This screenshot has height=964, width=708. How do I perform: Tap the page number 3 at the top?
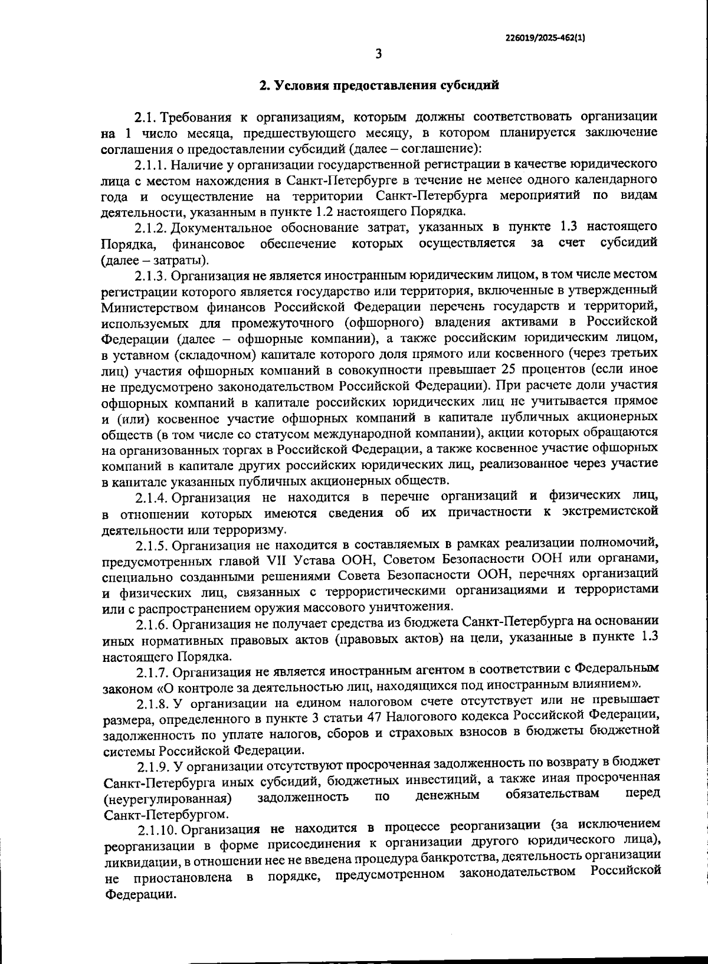coord(378,54)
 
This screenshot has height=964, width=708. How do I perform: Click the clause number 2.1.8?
coord(153,703)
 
